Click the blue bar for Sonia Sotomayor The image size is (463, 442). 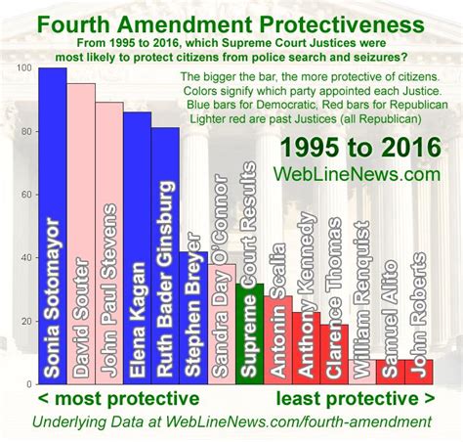point(53,226)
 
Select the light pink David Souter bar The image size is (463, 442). point(81,234)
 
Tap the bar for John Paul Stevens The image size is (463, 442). point(109,243)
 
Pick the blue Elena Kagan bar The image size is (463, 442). point(137,248)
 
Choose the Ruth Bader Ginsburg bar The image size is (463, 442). point(165,256)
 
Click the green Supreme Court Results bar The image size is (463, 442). point(249,334)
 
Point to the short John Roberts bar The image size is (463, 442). point(419,372)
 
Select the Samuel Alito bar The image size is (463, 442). point(391,372)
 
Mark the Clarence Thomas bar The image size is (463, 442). point(334,354)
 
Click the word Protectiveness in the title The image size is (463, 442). point(341,24)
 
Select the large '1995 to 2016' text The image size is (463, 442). point(360,148)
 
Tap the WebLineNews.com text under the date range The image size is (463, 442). point(357,174)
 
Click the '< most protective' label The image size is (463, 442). point(119,398)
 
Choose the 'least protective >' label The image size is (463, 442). point(356,398)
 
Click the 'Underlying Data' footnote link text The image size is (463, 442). point(88,421)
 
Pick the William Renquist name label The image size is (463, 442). point(362,300)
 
